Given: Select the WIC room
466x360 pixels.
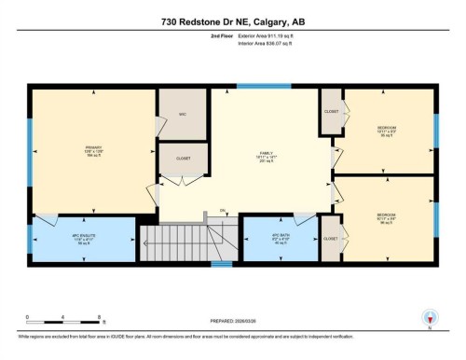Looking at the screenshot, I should point(184,115).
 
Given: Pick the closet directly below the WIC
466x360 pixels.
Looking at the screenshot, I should point(184,159).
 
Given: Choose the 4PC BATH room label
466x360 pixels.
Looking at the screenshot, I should point(281,236).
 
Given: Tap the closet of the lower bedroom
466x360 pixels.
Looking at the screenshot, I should point(331,239).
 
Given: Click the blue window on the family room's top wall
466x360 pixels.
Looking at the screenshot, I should point(250,87).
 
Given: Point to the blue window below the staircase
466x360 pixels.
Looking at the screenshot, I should point(221,264).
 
